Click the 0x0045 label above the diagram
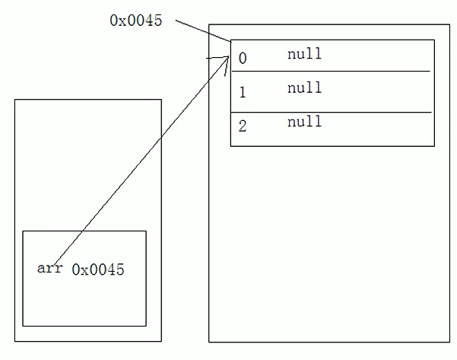pyautogui.click(x=135, y=21)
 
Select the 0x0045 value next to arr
pyautogui.click(x=97, y=269)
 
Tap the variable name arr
pyautogui.click(x=49, y=268)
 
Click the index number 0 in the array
pyautogui.click(x=243, y=58)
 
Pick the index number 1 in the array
pyautogui.click(x=243, y=93)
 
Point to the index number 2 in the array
pyautogui.click(x=243, y=126)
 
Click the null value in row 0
pyautogui.click(x=304, y=54)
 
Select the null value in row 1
pyautogui.click(x=304, y=88)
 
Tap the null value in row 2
pyautogui.click(x=304, y=122)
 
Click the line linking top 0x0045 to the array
pyautogui.click(x=202, y=30)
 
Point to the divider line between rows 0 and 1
pyautogui.click(x=331, y=72)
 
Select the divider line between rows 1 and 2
pyautogui.click(x=331, y=113)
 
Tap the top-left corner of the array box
pyautogui.click(x=230, y=40)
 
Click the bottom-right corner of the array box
pyautogui.click(x=434, y=145)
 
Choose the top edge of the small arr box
pyautogui.click(x=84, y=231)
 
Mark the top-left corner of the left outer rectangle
pyautogui.click(x=14, y=99)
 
